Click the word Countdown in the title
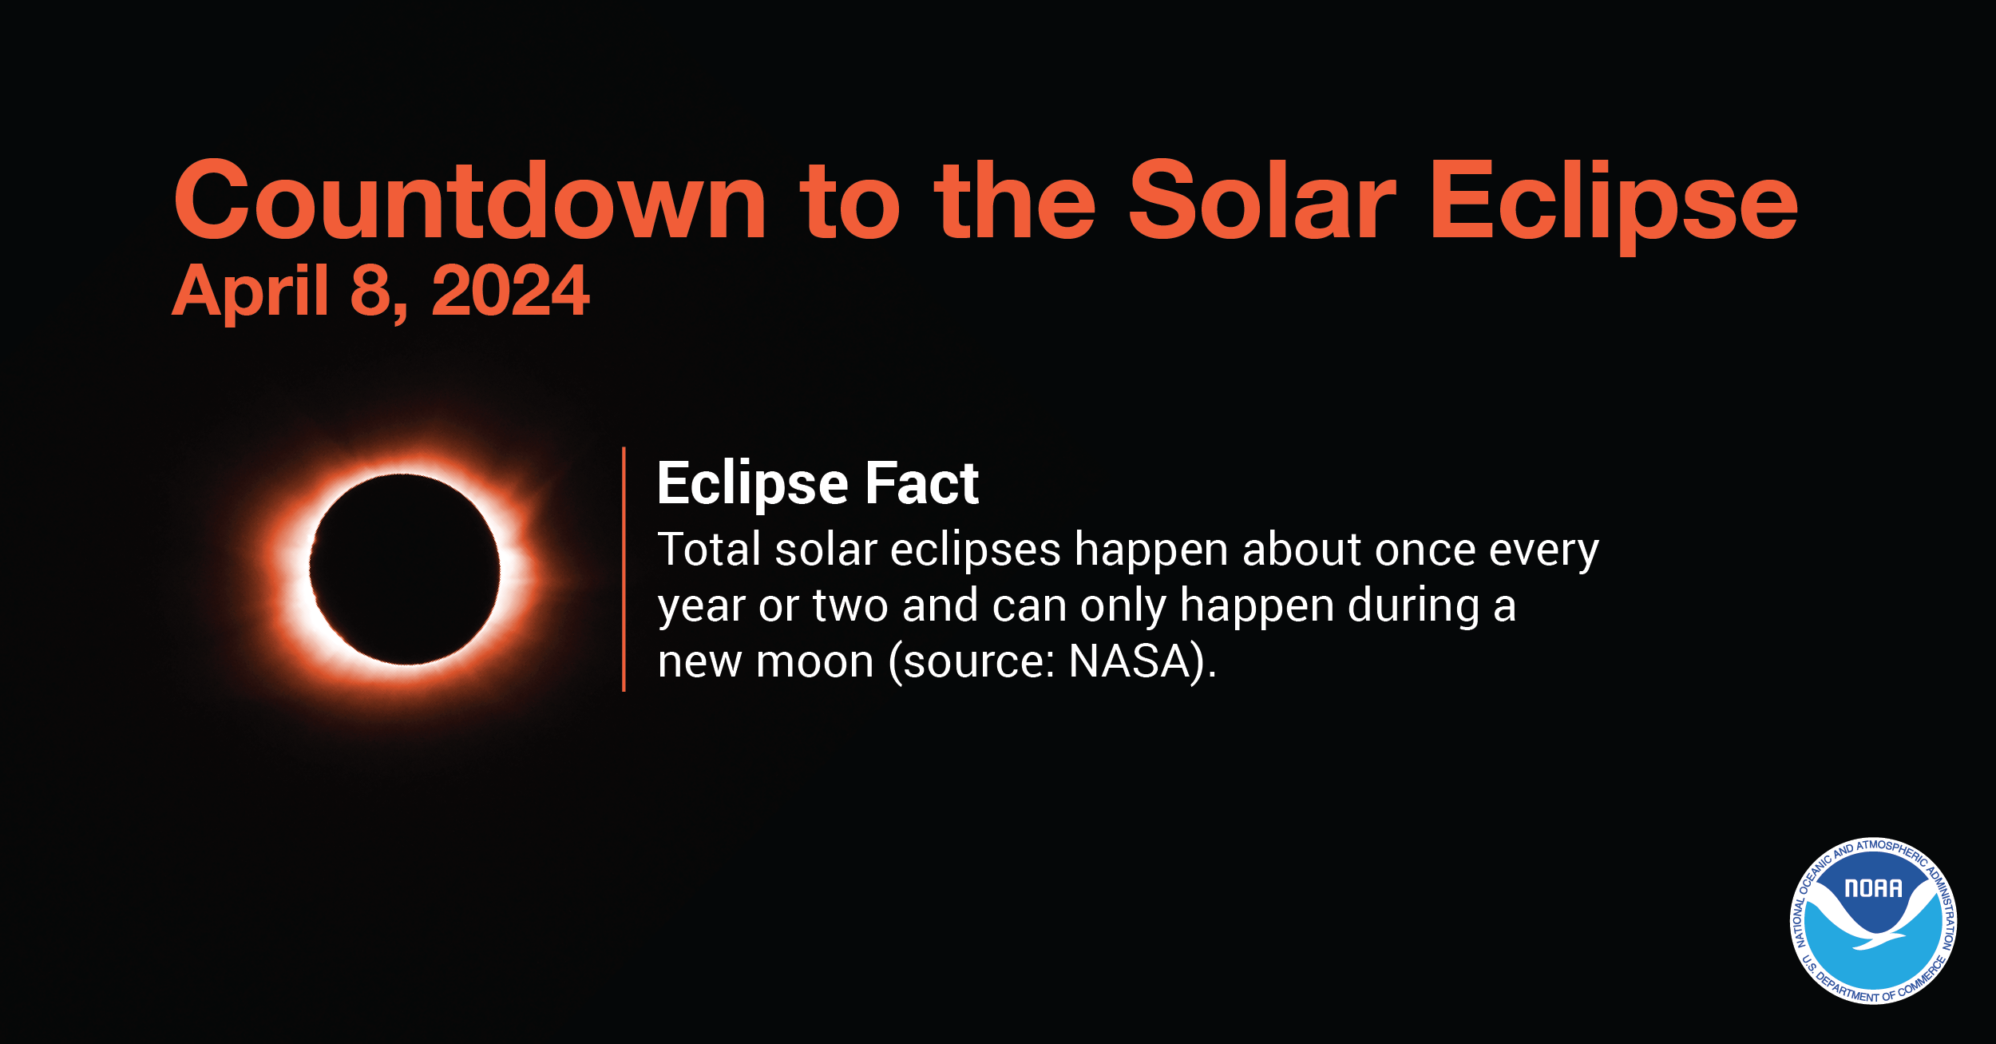(469, 201)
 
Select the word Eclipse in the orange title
(1613, 201)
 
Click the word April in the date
(250, 292)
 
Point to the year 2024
(510, 292)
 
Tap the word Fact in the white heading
(922, 483)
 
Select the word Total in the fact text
(709, 550)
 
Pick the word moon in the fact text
(814, 663)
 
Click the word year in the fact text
(701, 607)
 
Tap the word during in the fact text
(1413, 605)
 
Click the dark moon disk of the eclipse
(404, 569)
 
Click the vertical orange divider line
(624, 569)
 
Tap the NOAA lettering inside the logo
(1872, 889)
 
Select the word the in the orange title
(1016, 201)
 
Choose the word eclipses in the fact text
(975, 551)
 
